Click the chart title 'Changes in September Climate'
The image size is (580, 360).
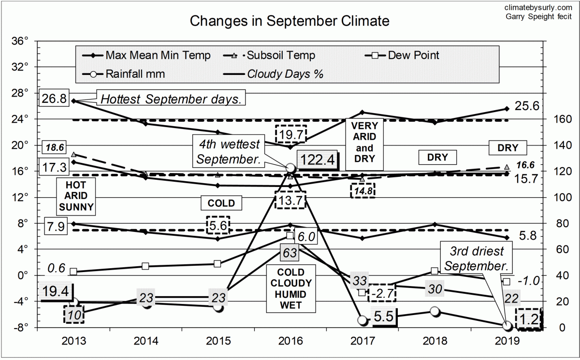click(289, 21)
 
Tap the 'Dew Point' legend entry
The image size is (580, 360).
click(413, 56)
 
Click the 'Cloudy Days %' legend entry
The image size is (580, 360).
click(285, 74)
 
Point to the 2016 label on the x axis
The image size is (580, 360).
click(290, 341)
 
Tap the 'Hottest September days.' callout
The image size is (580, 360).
click(172, 99)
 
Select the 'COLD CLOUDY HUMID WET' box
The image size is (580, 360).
click(290, 288)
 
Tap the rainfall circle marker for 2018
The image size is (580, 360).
click(435, 312)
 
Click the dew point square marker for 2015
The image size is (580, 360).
click(217, 263)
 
